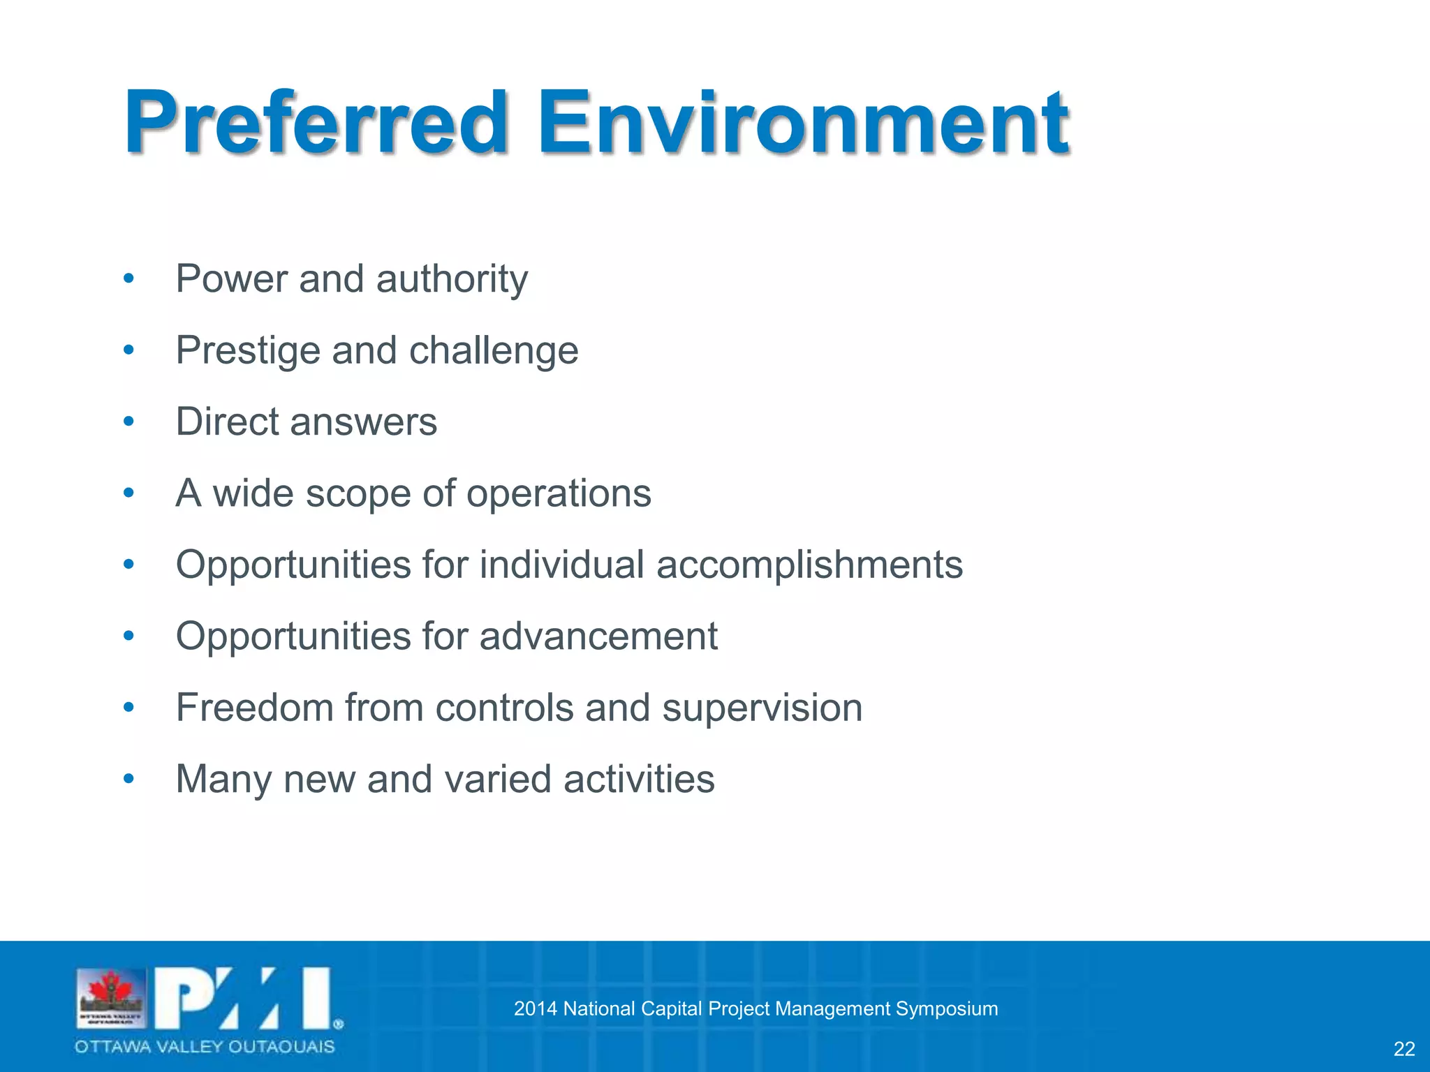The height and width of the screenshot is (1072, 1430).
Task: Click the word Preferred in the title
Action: [316, 124]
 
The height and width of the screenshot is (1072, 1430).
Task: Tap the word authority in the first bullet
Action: [452, 280]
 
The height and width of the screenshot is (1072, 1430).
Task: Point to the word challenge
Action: [494, 351]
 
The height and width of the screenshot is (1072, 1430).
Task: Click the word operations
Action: [559, 494]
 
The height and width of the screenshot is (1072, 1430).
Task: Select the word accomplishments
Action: [809, 565]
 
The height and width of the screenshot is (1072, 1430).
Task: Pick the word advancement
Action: [598, 636]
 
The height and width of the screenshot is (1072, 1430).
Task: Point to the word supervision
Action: [762, 709]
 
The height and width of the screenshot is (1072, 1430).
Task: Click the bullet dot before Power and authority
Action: [128, 279]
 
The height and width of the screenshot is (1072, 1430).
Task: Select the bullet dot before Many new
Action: [128, 779]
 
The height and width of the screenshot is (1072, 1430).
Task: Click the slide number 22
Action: [1404, 1048]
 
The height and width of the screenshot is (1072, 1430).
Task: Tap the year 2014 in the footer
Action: [535, 1008]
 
